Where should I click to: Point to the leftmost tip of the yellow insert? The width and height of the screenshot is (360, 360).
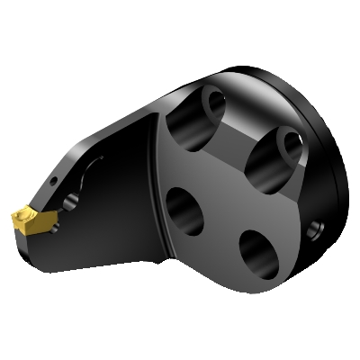coord(13,217)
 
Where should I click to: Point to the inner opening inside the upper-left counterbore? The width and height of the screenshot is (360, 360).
coord(214,101)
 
